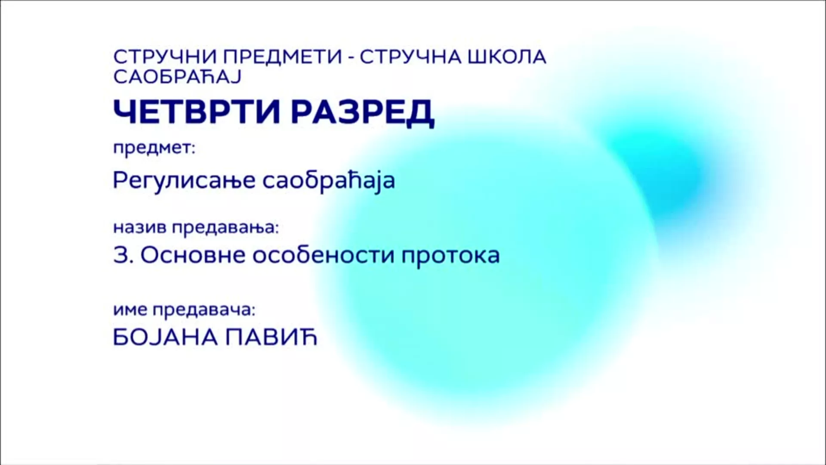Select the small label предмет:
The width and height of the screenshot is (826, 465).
[x=154, y=149]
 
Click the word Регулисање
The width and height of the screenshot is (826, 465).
[x=184, y=181]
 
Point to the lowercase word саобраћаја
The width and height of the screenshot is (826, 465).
[x=329, y=181]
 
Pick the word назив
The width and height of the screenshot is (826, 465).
[x=139, y=227]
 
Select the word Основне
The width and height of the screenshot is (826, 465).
[x=192, y=256]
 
